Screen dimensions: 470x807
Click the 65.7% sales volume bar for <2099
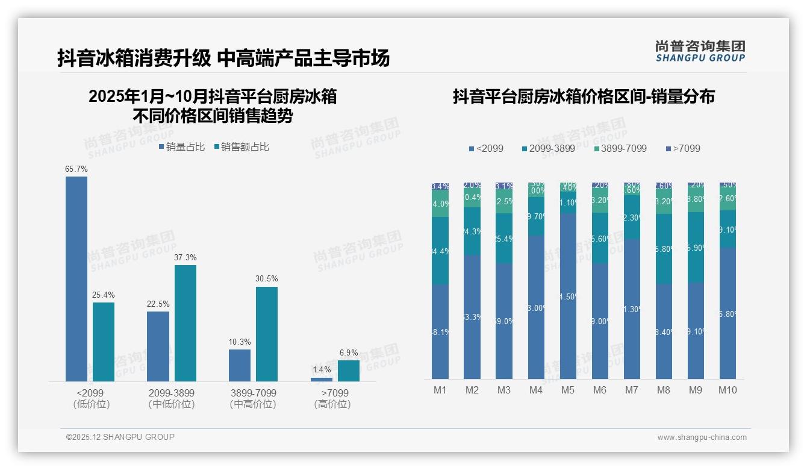[76, 278]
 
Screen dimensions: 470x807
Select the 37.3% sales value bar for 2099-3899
[185, 323]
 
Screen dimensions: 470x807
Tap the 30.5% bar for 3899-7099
[267, 334]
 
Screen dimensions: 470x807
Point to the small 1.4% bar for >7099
[322, 380]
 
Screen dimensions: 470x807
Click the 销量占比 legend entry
[182, 147]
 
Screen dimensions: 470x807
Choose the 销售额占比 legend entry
[241, 147]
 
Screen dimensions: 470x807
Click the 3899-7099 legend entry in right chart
[620, 148]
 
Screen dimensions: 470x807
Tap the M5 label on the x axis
[567, 390]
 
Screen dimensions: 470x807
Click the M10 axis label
[728, 390]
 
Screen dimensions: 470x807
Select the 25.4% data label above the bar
[103, 295]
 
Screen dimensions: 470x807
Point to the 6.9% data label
[348, 352]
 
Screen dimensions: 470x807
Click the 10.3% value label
[240, 342]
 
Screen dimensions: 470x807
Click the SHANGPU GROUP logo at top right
[700, 51]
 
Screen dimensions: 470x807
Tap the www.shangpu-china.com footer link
[702, 437]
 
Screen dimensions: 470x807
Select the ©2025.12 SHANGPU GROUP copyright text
[120, 437]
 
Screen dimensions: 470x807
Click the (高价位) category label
[332, 404]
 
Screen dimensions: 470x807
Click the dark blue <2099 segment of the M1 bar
[440, 331]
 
